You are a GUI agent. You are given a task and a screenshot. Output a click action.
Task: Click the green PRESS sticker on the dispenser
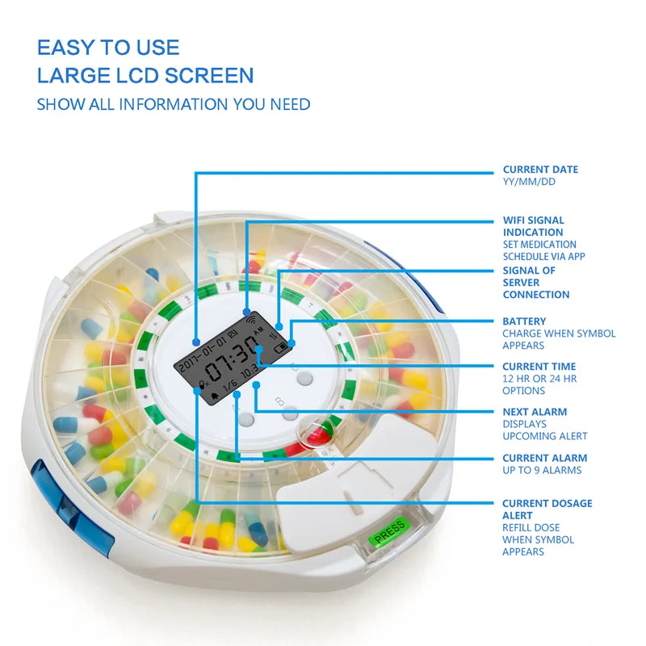click(x=389, y=532)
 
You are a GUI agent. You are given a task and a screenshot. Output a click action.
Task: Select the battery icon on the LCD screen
click(x=279, y=349)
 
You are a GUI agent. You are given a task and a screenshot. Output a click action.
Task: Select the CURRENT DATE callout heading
click(x=540, y=170)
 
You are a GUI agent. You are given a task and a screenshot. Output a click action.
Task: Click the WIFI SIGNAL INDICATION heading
click(x=533, y=226)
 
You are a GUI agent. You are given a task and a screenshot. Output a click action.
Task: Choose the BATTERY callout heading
click(x=524, y=321)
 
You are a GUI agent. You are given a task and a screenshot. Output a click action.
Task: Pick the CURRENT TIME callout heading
click(x=539, y=367)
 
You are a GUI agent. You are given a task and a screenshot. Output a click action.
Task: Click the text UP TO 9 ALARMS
click(x=542, y=471)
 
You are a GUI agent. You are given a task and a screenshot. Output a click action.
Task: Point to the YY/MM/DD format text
click(x=529, y=182)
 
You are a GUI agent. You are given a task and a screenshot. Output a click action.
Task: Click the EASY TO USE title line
click(x=108, y=48)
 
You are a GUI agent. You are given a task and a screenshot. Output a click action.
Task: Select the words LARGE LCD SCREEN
click(x=145, y=77)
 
